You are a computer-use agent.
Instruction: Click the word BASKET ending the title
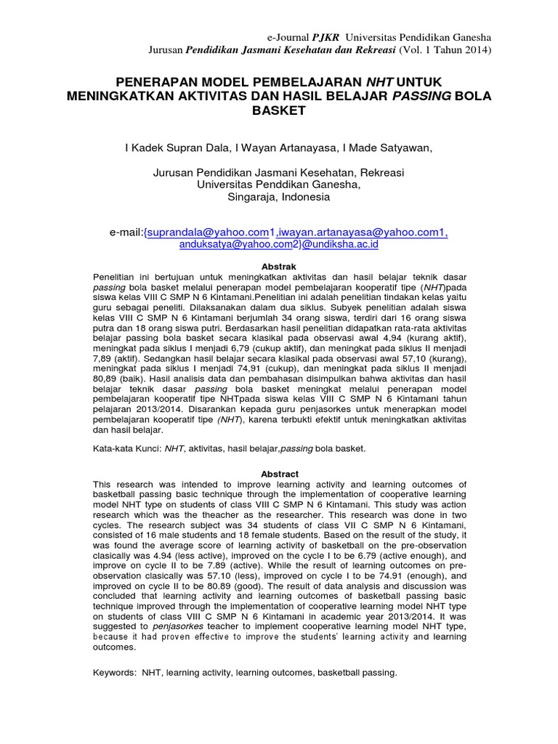(x=279, y=111)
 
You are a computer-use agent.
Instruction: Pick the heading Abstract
(x=279, y=474)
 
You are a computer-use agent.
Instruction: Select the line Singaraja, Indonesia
(x=279, y=197)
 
